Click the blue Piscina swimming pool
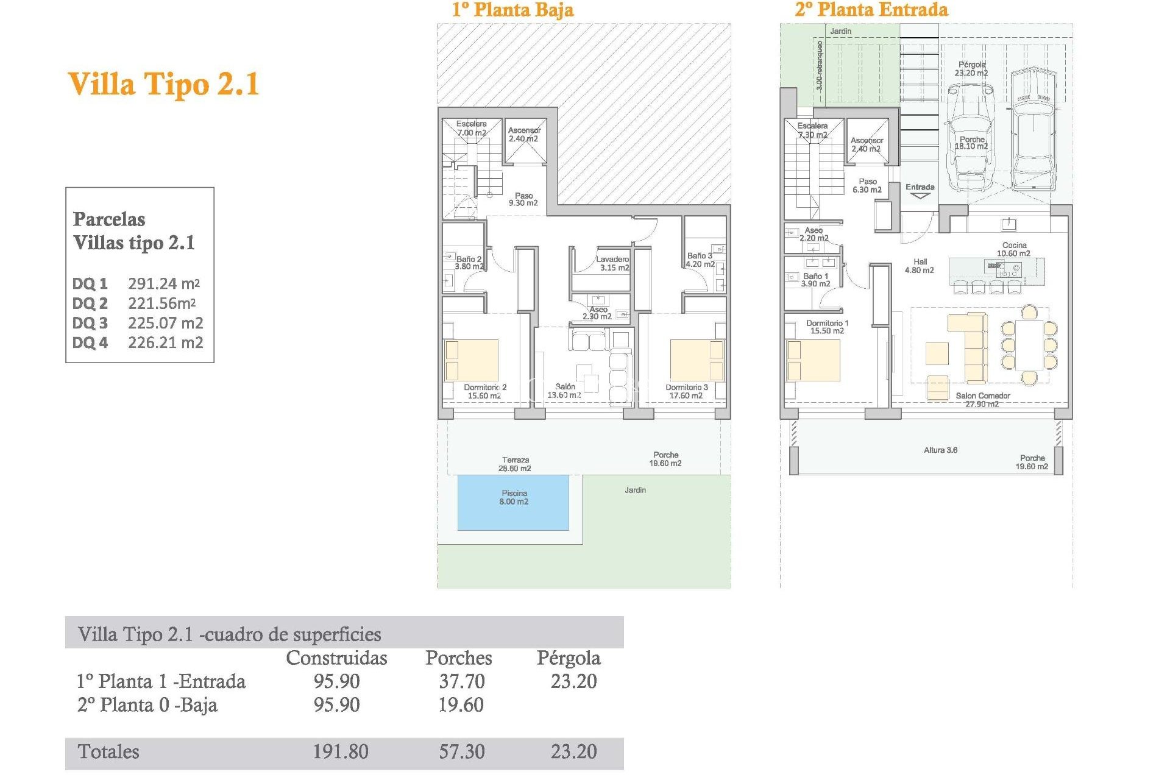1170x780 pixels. point(513,503)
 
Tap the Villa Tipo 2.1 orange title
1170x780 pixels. point(163,84)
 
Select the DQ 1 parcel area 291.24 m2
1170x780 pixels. point(163,283)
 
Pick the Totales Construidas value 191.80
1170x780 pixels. point(340,751)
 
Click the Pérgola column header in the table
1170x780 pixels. point(568,658)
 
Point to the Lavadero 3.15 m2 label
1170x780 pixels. point(613,263)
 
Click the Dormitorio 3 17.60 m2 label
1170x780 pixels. point(686,391)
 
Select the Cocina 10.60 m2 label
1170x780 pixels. point(1013,249)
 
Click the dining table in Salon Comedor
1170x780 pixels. point(1029,345)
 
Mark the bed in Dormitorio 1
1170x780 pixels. point(813,360)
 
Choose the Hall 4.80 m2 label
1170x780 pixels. point(920,266)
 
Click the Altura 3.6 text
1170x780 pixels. point(940,450)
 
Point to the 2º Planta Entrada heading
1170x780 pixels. point(871,10)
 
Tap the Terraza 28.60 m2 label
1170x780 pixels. point(515,464)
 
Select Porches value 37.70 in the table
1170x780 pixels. point(462,681)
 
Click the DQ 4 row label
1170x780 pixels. point(90,342)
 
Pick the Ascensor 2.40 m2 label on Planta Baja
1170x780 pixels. point(524,135)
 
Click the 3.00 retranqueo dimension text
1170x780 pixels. point(820,65)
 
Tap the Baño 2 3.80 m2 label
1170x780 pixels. point(469,263)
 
